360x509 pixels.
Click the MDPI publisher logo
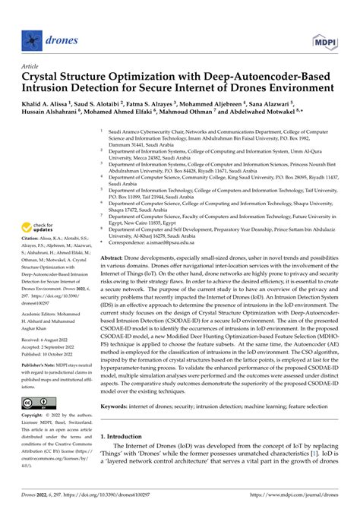coord(323,39)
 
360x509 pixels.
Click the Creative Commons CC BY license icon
coord(38,423)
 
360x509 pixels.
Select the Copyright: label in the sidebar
coord(34,438)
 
